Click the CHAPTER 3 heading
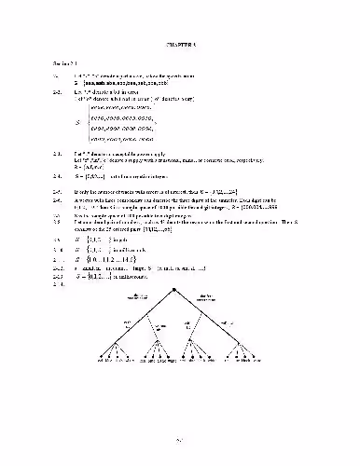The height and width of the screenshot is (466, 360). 180,45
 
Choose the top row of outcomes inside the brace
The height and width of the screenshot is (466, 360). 126,108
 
